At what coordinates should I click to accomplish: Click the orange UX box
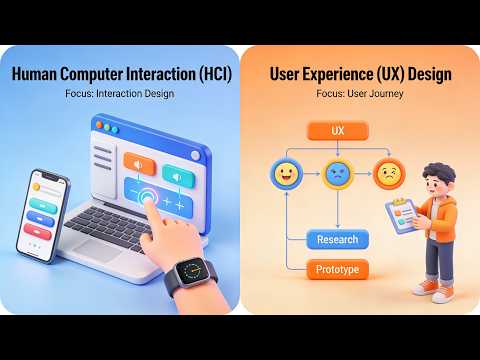click(x=337, y=131)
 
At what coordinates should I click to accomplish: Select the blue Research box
click(x=337, y=239)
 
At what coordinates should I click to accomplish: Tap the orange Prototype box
click(x=337, y=269)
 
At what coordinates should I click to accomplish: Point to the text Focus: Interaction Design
click(x=120, y=94)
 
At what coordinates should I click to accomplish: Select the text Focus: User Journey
click(x=360, y=94)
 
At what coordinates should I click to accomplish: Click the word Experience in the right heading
click(x=350, y=75)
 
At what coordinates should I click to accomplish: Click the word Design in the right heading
click(x=430, y=75)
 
